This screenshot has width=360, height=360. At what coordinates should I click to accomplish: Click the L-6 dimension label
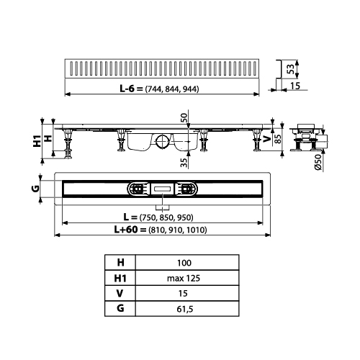(x=128, y=89)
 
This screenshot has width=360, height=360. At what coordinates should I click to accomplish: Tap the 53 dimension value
(x=291, y=69)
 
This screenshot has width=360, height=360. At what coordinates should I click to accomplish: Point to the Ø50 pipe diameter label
(x=318, y=162)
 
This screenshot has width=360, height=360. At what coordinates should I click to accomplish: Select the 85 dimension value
(x=277, y=139)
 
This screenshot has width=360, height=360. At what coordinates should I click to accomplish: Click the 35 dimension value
(x=184, y=163)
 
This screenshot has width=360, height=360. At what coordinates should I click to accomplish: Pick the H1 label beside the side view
(x=37, y=141)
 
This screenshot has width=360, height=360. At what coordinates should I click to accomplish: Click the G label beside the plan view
(x=35, y=189)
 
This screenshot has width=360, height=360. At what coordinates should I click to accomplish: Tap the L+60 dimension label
(x=126, y=230)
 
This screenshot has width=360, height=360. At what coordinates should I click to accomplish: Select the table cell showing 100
(x=184, y=263)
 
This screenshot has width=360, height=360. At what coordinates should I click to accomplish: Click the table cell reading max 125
(x=184, y=278)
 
